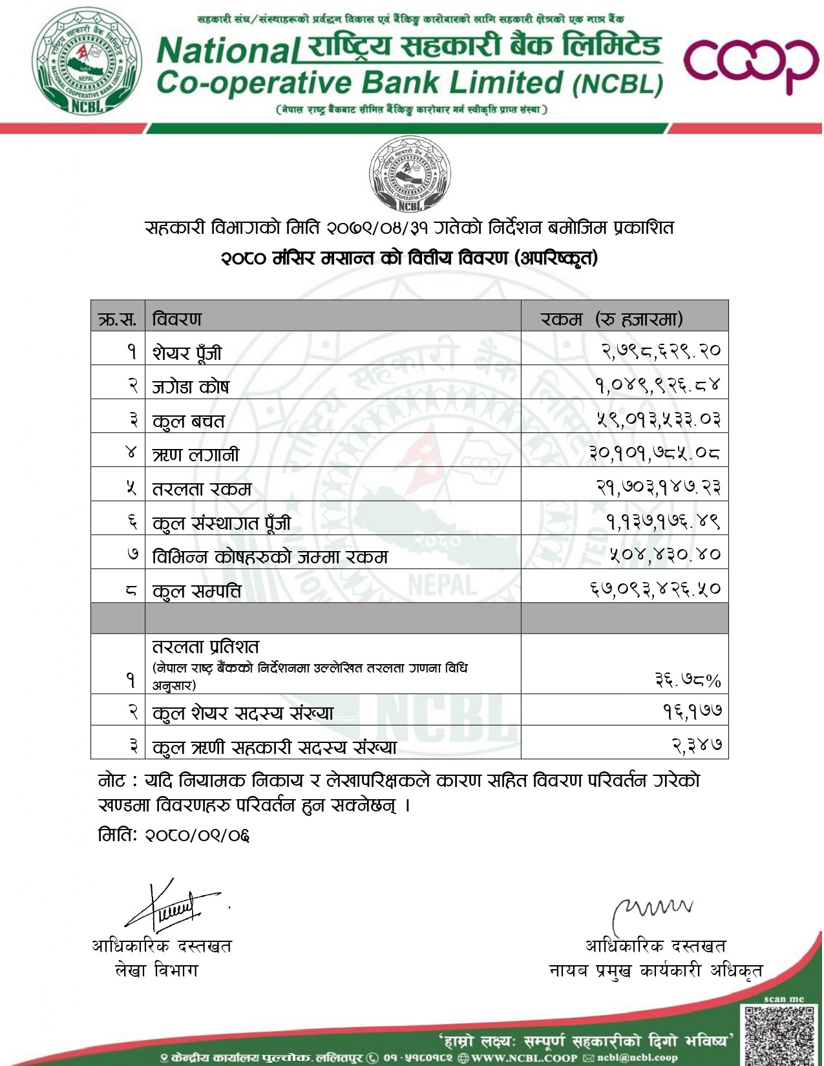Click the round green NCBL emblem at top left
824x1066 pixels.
(86, 61)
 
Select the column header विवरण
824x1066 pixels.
(177, 319)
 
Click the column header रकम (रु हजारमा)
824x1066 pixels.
(611, 319)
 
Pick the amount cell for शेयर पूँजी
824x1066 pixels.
(660, 351)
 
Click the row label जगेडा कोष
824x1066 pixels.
(191, 386)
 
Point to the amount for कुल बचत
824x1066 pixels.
(658, 419)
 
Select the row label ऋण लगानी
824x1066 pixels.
(195, 454)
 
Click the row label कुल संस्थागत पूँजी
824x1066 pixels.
(222, 522)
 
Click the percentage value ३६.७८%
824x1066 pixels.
(688, 680)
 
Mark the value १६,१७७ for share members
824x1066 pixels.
(692, 711)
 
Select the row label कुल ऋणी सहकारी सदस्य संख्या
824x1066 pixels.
(275, 747)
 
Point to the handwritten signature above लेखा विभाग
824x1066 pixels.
(173, 906)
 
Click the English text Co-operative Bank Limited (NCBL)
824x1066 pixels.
(410, 83)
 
